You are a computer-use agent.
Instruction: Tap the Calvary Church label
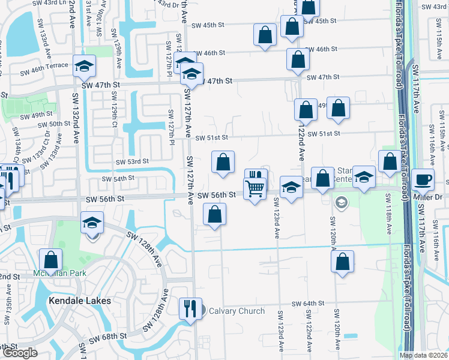(x=237, y=311)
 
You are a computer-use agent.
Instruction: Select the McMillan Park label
(x=60, y=273)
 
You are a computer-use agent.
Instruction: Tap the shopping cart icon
(x=256, y=188)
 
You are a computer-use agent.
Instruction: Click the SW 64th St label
(x=309, y=304)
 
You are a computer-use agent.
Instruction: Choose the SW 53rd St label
(x=133, y=161)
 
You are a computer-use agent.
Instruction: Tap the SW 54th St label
(x=118, y=179)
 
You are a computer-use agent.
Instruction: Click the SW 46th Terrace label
(x=44, y=72)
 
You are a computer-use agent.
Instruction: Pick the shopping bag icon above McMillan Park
(x=51, y=260)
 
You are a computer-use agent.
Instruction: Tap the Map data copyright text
(x=424, y=355)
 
